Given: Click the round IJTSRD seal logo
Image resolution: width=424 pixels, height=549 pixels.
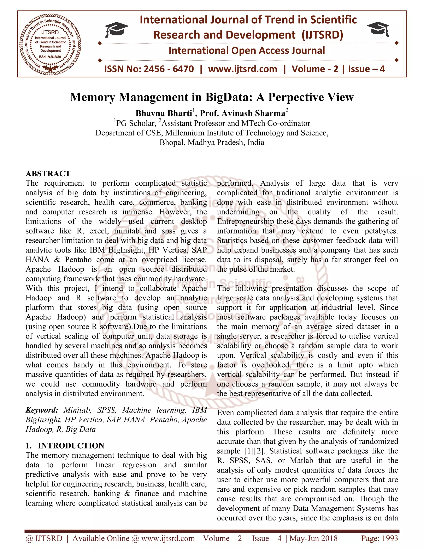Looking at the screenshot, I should click(x=50, y=44).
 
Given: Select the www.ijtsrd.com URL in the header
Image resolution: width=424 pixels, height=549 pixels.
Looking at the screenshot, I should click(x=243, y=69).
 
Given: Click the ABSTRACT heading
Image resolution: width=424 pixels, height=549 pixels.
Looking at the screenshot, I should click(x=48, y=173).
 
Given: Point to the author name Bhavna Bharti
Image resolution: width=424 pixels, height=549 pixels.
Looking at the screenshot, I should click(x=164, y=113).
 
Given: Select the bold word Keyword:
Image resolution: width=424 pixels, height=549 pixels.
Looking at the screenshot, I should click(x=42, y=410).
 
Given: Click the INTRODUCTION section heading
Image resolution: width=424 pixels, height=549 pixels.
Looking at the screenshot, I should click(x=71, y=445).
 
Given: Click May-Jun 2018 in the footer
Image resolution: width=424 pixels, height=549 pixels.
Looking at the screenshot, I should click(x=314, y=538).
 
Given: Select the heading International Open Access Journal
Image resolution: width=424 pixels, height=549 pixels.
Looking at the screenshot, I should click(x=247, y=51).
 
